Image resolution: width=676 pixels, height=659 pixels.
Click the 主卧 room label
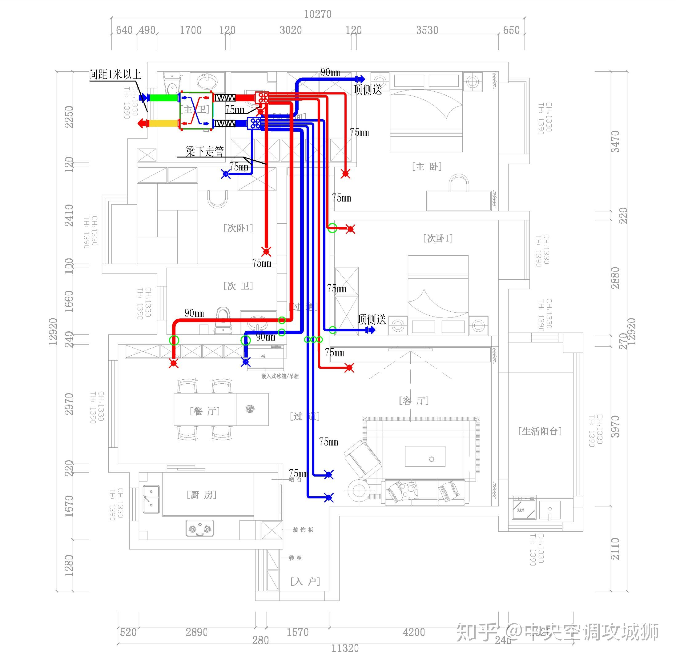[426, 167]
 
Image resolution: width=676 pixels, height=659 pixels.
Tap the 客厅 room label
[413, 401]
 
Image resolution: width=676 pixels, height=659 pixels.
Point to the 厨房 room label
[201, 495]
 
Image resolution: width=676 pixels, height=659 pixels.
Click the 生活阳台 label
[540, 431]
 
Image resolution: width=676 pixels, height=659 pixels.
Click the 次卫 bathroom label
[238, 286]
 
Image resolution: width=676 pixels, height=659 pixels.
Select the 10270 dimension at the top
[318, 14]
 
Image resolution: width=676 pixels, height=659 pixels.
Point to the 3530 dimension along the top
[427, 30]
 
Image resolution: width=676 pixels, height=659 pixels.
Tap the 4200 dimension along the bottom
[414, 633]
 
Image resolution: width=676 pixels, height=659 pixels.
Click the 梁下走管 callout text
[204, 151]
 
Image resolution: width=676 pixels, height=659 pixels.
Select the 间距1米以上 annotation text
[115, 74]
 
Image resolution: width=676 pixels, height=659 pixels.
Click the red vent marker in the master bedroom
[345, 174]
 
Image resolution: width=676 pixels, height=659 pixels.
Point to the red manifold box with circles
[262, 98]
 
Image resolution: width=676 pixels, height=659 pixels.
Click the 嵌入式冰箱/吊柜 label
[280, 376]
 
